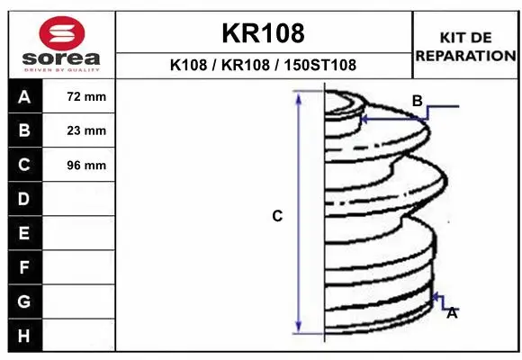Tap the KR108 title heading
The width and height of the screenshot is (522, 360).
[263, 33]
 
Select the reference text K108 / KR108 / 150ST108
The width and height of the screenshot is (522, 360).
[263, 65]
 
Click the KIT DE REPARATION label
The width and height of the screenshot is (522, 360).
[464, 46]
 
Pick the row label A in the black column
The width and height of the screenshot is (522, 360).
[24, 96]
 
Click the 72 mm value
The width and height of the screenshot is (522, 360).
[86, 96]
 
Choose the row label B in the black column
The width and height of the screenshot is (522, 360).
[24, 130]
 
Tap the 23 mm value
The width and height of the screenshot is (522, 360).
[86, 130]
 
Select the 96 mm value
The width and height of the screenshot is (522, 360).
[86, 165]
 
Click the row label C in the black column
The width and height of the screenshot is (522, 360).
[24, 165]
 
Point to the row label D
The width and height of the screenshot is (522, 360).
[24, 199]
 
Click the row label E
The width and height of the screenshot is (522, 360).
[24, 233]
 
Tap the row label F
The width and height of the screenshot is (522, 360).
[24, 267]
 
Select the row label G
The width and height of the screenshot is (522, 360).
[24, 301]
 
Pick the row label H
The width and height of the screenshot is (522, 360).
[24, 335]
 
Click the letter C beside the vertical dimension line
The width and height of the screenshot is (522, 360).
[277, 216]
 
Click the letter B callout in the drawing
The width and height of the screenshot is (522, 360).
[417, 101]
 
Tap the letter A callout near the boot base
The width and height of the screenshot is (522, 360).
[452, 313]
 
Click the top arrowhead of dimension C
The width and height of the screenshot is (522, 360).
[299, 96]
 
